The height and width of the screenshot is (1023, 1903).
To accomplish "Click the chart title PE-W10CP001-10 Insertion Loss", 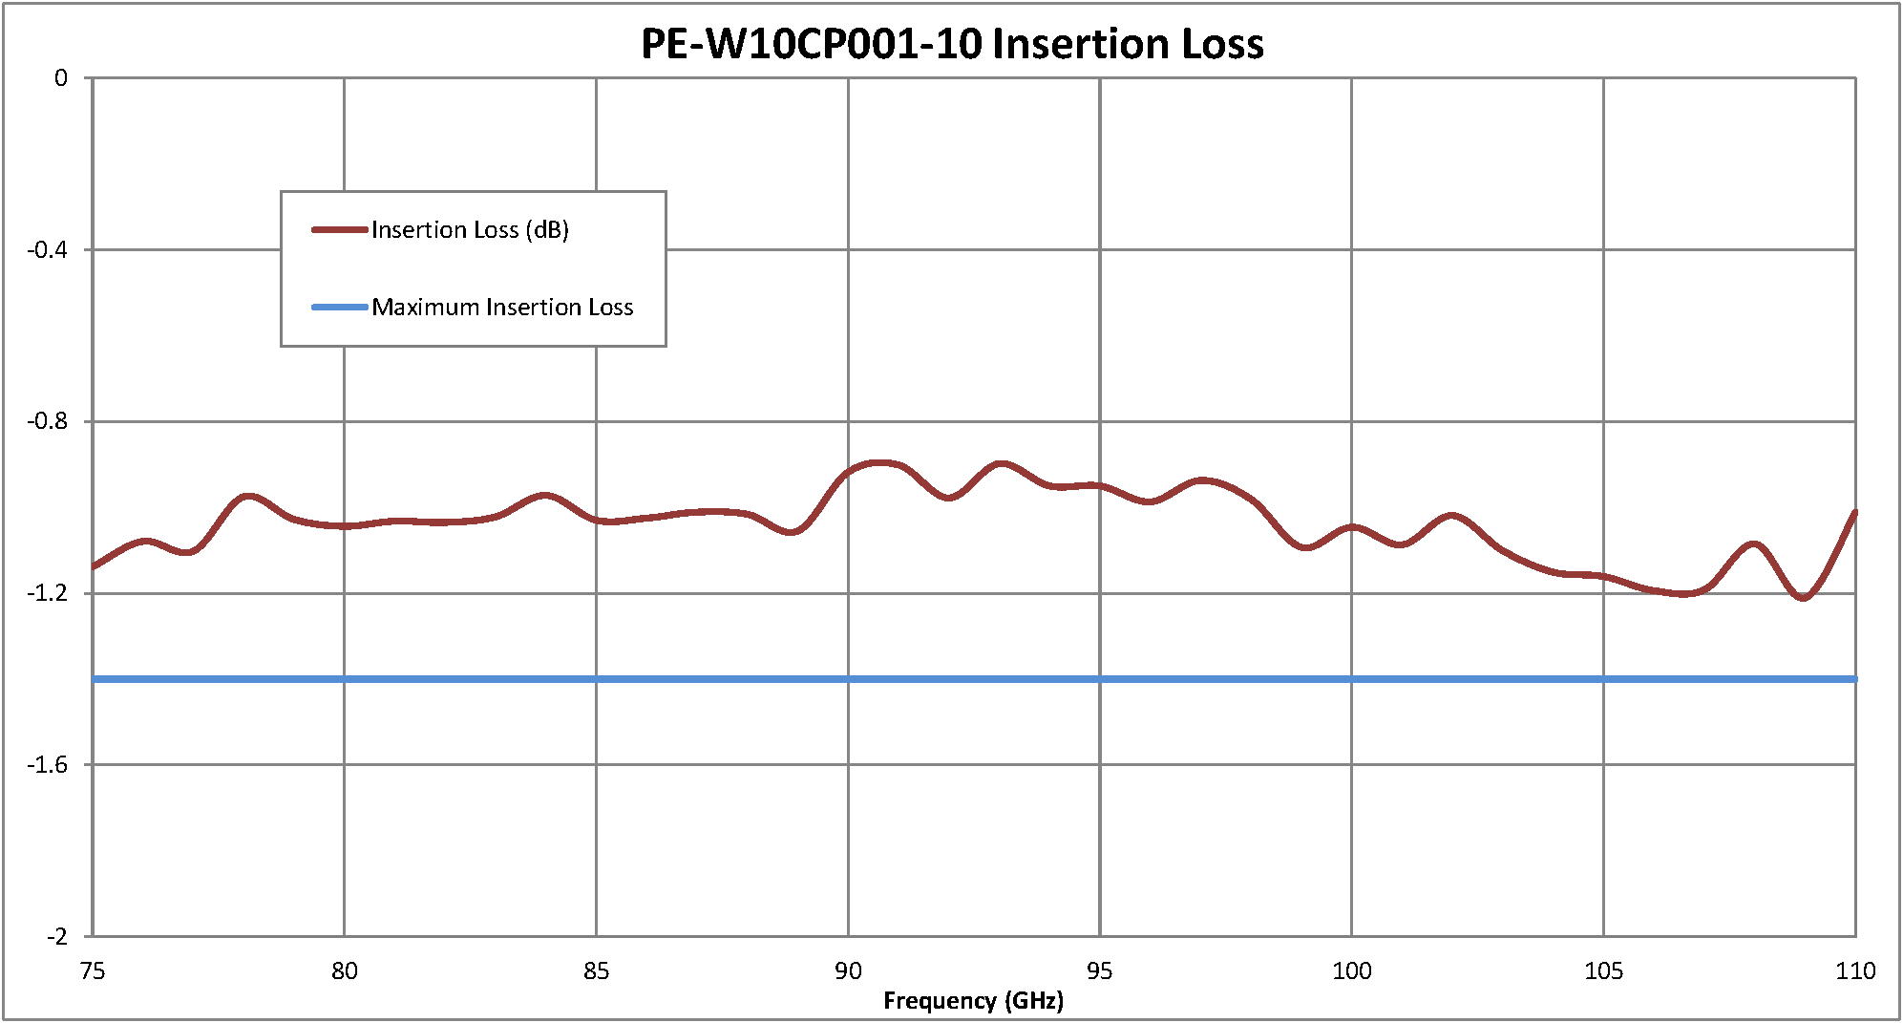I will pos(952,44).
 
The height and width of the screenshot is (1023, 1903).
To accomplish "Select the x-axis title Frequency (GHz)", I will pos(973,1000).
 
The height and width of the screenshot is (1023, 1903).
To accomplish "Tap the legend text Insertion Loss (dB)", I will pos(470,230).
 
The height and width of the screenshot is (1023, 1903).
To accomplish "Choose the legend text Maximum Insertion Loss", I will pos(502,308).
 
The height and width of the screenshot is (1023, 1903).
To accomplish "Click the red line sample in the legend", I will pos(340,230).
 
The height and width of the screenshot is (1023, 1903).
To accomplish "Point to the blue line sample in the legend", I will pos(340,308).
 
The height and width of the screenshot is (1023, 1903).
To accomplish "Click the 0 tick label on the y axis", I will pos(61,78).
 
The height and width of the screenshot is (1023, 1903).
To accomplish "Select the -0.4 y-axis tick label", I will pos(48,250).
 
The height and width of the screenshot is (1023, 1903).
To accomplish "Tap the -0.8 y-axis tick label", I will pos(48,421).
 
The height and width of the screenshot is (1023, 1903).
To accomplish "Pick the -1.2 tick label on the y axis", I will pos(48,593).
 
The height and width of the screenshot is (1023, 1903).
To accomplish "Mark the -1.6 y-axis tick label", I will pos(48,765).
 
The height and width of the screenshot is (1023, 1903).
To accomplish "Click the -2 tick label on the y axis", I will pos(56,936).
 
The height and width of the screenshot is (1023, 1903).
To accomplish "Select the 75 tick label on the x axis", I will pos(93,971).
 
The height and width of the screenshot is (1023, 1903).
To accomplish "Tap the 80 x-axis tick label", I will pos(345,971).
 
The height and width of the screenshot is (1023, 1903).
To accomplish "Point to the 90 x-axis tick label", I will pos(848,971).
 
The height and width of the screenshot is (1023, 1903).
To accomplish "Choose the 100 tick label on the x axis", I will pos(1352,971).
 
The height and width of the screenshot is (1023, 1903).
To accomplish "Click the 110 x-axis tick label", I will pos(1855,971).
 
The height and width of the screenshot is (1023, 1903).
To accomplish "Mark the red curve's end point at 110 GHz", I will pos(1854,513).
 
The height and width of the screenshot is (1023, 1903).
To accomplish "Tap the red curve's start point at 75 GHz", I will pos(94,566).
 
